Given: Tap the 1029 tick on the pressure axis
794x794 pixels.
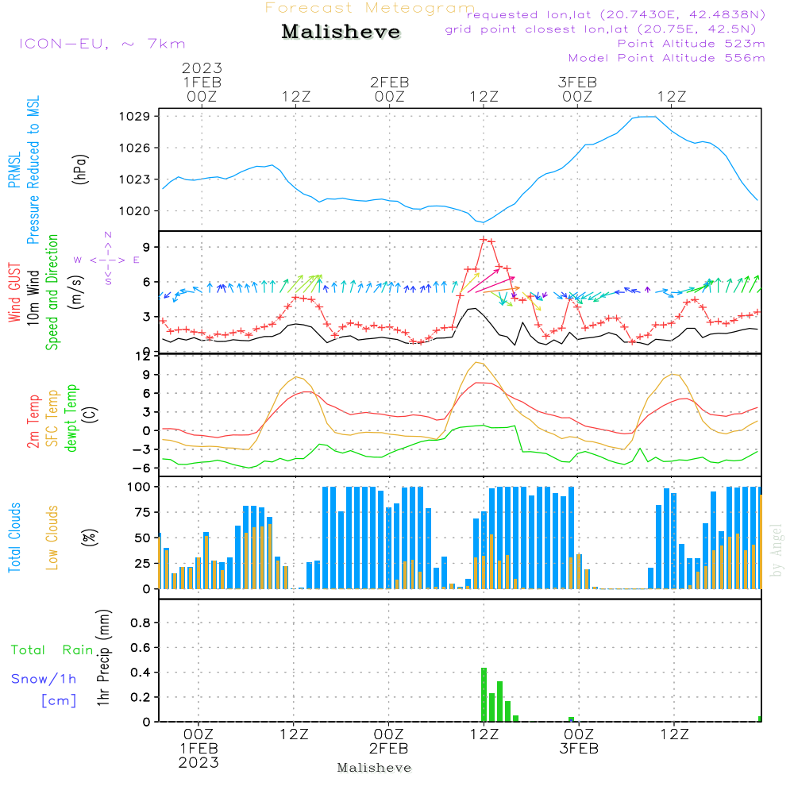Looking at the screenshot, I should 140,117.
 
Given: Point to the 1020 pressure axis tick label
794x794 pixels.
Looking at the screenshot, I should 140,211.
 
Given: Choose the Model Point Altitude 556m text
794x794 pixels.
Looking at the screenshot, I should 667,58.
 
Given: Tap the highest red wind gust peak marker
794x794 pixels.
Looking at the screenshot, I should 483,239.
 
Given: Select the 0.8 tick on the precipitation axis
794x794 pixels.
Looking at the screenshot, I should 141,623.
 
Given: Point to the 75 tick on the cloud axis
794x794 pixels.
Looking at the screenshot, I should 143,512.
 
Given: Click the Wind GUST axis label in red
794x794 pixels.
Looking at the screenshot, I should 15,294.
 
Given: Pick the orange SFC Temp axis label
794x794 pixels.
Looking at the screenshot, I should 52,418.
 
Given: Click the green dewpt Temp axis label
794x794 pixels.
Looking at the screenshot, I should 71,418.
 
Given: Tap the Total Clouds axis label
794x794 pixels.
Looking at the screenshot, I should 14,538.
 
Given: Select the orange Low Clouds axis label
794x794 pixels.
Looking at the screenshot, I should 52,538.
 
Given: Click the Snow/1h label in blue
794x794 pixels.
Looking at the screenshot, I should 44,679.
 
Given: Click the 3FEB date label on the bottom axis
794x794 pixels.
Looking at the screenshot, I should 579,749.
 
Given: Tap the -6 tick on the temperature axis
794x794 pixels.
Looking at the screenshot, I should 145,468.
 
